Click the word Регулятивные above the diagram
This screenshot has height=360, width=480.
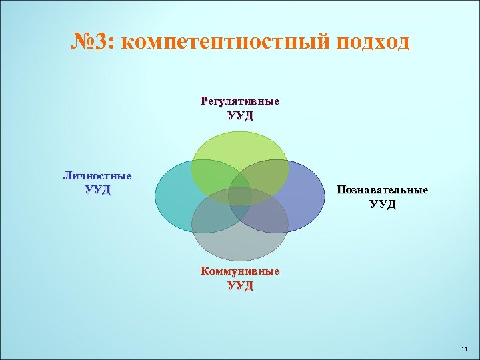[240, 102]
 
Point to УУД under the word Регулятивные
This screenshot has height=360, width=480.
[240, 116]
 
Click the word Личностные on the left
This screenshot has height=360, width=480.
[97, 176]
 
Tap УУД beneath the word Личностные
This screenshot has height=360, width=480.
[97, 190]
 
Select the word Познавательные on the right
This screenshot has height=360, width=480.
[383, 190]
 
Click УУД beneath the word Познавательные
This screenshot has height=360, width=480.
[383, 204]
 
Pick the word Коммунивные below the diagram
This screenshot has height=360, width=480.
[240, 272]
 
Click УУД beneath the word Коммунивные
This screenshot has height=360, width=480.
[240, 286]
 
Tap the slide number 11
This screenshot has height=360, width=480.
[465, 349]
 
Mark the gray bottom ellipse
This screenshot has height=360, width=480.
[240, 243]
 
